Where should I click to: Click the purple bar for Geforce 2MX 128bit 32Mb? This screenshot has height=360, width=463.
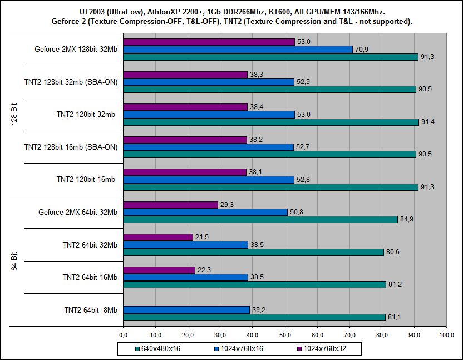pyautogui.click(x=209, y=42)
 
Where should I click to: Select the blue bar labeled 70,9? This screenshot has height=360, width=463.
pyautogui.click(x=238, y=50)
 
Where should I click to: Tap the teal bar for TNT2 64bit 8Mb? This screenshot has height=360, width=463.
pyautogui.click(x=254, y=317)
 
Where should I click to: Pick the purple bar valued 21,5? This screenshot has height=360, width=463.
pyautogui.click(x=158, y=237)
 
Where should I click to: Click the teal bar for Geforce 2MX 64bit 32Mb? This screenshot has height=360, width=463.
pyautogui.click(x=260, y=219)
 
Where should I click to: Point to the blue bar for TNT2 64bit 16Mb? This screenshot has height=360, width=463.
pyautogui.click(x=185, y=277)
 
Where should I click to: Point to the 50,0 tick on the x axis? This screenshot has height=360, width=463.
pyautogui.click(x=285, y=335)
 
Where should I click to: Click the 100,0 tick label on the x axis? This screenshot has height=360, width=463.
pyautogui.click(x=446, y=335)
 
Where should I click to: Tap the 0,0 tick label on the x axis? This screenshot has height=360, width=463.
pyautogui.click(x=123, y=335)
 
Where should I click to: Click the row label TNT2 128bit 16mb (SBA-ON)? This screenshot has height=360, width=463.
pyautogui.click(x=71, y=147)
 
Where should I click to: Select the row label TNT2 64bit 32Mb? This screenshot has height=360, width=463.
pyautogui.click(x=90, y=244)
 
